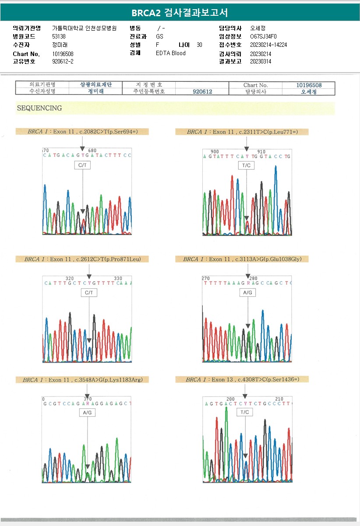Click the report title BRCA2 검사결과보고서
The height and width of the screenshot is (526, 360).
pyautogui.click(x=180, y=12)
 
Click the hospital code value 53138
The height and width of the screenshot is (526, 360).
pyautogui.click(x=59, y=37)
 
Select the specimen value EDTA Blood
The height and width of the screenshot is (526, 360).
pyautogui.click(x=171, y=53)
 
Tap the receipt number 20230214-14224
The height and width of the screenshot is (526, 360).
pyautogui.click(x=268, y=45)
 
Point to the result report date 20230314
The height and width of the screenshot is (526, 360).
pyautogui.click(x=261, y=62)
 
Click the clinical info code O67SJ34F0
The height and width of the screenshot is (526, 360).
pyautogui.click(x=263, y=37)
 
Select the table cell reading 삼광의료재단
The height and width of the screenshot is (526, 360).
pyautogui.click(x=95, y=85)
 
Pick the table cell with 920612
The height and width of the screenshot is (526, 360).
pyautogui.click(x=202, y=91)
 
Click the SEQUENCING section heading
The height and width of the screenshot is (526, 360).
pyautogui.click(x=39, y=108)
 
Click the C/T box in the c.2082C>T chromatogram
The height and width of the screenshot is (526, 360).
pyautogui.click(x=82, y=165)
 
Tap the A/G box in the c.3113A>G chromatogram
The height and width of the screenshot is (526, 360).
pyautogui.click(x=247, y=292)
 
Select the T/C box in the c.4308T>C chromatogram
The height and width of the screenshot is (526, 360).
pyautogui.click(x=246, y=412)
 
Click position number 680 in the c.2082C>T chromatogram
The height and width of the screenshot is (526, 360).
pyautogui.click(x=92, y=151)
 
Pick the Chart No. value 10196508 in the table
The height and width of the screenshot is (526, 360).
pyautogui.click(x=309, y=85)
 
